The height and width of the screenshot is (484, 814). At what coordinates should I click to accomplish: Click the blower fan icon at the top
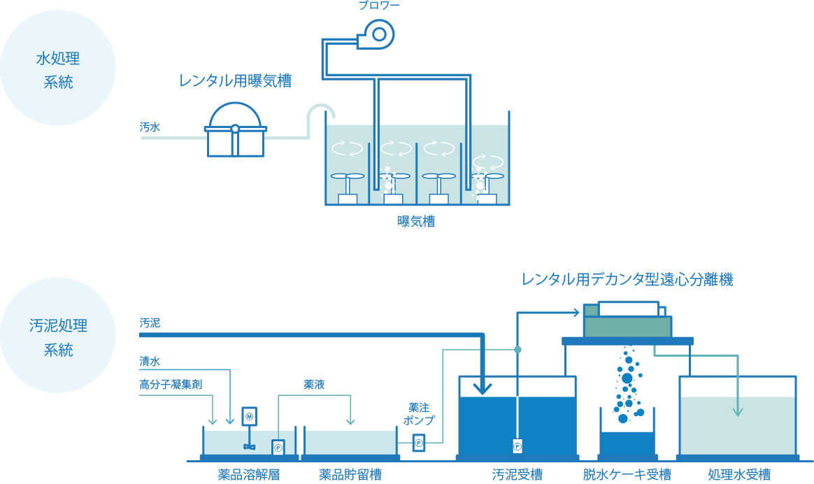(x=378, y=34)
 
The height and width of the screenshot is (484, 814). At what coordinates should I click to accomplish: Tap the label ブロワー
(x=379, y=6)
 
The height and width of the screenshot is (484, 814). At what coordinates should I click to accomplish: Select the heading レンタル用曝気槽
(x=235, y=81)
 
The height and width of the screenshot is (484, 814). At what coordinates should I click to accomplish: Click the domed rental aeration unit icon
(x=235, y=130)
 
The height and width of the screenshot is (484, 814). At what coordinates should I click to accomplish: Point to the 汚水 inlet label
(x=150, y=127)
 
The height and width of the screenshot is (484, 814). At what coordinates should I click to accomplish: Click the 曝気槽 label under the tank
(x=416, y=222)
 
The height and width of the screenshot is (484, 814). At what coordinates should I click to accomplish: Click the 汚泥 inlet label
(x=150, y=323)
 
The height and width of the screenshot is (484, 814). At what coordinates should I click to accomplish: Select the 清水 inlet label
(x=150, y=362)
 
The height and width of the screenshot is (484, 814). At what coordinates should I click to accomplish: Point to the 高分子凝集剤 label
(x=171, y=384)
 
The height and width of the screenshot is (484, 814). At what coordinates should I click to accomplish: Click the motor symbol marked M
(x=249, y=417)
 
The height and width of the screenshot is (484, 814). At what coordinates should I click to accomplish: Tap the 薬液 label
(x=314, y=384)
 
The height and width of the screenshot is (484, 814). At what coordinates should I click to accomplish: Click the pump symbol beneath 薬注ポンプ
(x=418, y=443)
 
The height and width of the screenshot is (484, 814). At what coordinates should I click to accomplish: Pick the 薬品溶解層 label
(x=249, y=474)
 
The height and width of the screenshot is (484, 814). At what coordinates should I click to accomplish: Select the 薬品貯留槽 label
(x=350, y=474)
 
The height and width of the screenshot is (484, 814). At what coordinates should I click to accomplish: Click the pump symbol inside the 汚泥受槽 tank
(x=517, y=446)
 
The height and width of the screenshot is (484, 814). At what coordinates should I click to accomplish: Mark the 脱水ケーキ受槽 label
(x=627, y=474)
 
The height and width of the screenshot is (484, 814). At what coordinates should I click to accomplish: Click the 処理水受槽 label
(x=739, y=474)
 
